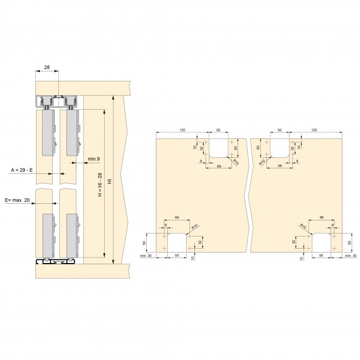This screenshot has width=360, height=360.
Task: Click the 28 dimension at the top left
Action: [x=47, y=67]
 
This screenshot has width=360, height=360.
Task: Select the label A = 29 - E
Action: [x=22, y=170]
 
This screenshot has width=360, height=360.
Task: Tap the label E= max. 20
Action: [x=18, y=200]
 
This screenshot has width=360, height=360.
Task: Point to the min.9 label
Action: [x=94, y=159]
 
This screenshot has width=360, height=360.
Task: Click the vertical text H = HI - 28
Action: [x=100, y=184]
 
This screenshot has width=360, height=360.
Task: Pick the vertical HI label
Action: [x=110, y=181]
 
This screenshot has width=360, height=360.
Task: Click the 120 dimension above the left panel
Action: [x=182, y=130]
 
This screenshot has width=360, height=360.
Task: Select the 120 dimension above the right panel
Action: [x=314, y=130]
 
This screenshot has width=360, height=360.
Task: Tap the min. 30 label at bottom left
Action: [x=146, y=255]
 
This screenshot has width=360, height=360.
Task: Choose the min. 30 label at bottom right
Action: [x=351, y=255]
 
